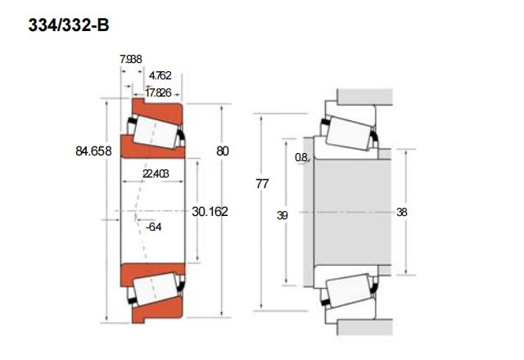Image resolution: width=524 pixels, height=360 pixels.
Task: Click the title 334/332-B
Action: [x=69, y=25]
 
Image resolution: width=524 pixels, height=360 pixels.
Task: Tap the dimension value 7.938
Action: [x=131, y=60]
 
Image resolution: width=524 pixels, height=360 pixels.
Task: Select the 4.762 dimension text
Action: [x=160, y=75]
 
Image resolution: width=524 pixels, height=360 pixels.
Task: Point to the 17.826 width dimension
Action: [x=158, y=92]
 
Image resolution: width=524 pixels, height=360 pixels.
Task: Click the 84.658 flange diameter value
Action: [x=93, y=151]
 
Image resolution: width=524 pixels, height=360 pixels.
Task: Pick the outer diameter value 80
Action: [x=223, y=151]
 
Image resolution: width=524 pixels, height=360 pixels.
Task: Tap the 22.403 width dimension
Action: [x=156, y=173]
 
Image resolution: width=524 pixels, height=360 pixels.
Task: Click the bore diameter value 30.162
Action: [x=210, y=211]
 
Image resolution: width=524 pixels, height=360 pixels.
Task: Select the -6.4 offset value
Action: [x=154, y=227]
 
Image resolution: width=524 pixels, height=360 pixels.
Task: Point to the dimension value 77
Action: [x=262, y=183]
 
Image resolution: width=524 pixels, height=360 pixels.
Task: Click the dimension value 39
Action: [x=282, y=215]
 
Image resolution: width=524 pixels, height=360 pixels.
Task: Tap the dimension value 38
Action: [x=402, y=212]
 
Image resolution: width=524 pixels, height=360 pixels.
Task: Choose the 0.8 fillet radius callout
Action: [x=301, y=157]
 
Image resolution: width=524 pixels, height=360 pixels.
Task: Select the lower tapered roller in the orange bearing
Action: [x=155, y=289]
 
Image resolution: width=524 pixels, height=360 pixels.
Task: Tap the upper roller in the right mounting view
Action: [x=349, y=133]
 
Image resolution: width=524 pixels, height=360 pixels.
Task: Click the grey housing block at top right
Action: [x=364, y=97]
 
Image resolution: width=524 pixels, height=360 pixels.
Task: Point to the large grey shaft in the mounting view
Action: [x=353, y=213]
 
